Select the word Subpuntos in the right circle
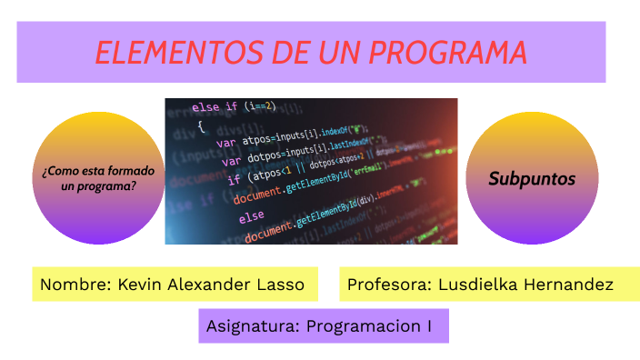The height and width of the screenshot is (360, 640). tap(532, 179)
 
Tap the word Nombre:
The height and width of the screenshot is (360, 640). tap(75, 285)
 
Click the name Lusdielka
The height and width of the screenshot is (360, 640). tap(478, 285)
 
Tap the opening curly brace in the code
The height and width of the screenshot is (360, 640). tap(200, 126)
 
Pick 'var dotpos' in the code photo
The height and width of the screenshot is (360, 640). tap(246, 162)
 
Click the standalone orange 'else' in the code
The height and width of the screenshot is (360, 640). tap(251, 219)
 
